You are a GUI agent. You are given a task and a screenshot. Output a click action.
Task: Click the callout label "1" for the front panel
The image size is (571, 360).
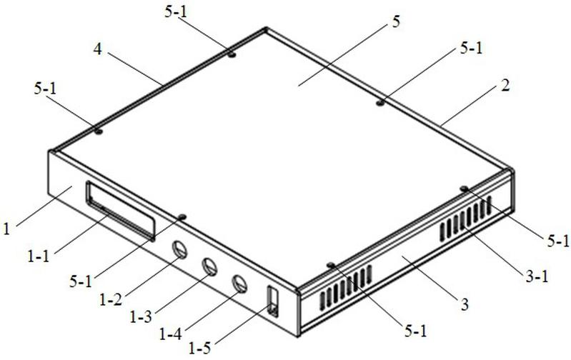click(6, 229)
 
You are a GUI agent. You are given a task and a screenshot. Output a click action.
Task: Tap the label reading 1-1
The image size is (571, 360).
click(39, 256)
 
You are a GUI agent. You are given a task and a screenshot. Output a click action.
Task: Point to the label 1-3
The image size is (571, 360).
click(141, 316)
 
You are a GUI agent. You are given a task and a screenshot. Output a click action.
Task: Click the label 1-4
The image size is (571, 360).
click(171, 333)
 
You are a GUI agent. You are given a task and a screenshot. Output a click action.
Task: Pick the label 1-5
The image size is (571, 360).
click(199, 349)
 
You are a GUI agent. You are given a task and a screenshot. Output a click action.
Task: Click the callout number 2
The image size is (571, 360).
click(505, 86)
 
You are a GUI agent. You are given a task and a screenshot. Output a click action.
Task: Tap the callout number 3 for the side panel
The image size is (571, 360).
click(465, 305)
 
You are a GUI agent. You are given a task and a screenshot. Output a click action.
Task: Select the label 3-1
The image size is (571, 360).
click(537, 277)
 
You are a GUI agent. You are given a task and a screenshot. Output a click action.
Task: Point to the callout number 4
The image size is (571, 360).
click(98, 49)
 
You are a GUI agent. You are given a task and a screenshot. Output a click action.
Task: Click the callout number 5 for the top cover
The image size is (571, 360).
click(396, 22)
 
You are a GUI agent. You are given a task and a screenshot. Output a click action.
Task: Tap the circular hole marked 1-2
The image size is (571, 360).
click(179, 249)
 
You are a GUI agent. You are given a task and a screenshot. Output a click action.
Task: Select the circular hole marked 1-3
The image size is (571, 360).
click(209, 267)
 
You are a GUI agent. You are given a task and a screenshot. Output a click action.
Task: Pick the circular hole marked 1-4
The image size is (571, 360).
click(239, 284)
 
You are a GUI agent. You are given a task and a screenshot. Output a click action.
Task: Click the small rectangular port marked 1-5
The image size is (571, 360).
click(273, 301)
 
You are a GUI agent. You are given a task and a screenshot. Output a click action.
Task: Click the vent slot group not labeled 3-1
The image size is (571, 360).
click(346, 288)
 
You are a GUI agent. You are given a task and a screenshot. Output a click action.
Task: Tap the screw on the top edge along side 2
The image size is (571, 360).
click(379, 103)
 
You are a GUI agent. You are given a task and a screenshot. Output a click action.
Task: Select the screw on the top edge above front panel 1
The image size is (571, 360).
click(182, 217)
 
